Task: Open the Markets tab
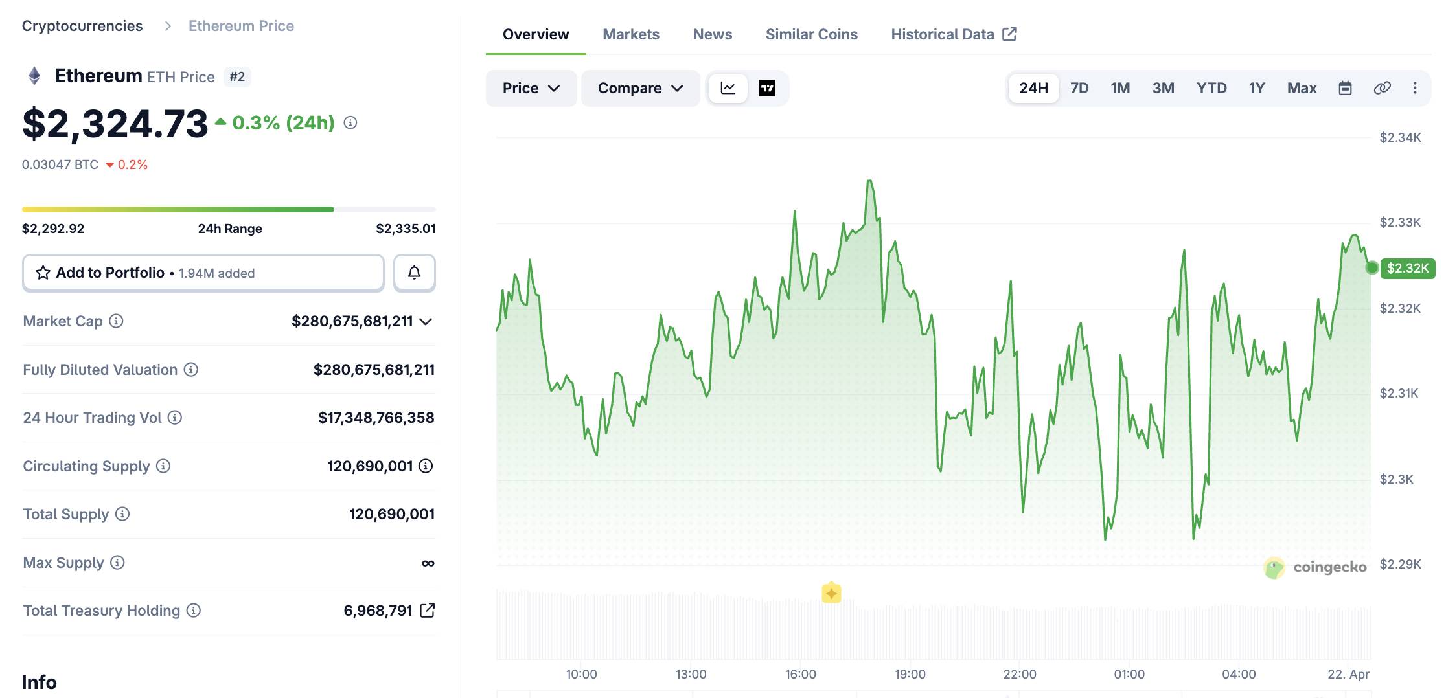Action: pos(630,34)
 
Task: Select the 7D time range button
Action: pos(1079,88)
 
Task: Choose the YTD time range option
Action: pos(1211,88)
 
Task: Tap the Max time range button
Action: pos(1302,88)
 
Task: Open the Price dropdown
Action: pos(531,88)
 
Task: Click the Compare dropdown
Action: pos(640,88)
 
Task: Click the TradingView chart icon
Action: pos(767,88)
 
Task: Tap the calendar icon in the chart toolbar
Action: pos(1345,88)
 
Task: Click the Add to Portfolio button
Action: pos(203,273)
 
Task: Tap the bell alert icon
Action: pos(414,273)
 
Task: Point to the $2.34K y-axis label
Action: pos(1400,137)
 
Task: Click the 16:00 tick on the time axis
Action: pos(800,674)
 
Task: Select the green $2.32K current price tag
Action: pos(1407,268)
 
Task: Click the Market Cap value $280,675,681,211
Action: pos(352,321)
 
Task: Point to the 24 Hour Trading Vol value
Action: pos(376,418)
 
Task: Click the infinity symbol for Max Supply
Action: pos(428,563)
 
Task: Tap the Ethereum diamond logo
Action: pos(34,76)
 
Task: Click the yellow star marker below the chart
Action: pos(831,593)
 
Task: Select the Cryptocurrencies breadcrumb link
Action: pos(82,26)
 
